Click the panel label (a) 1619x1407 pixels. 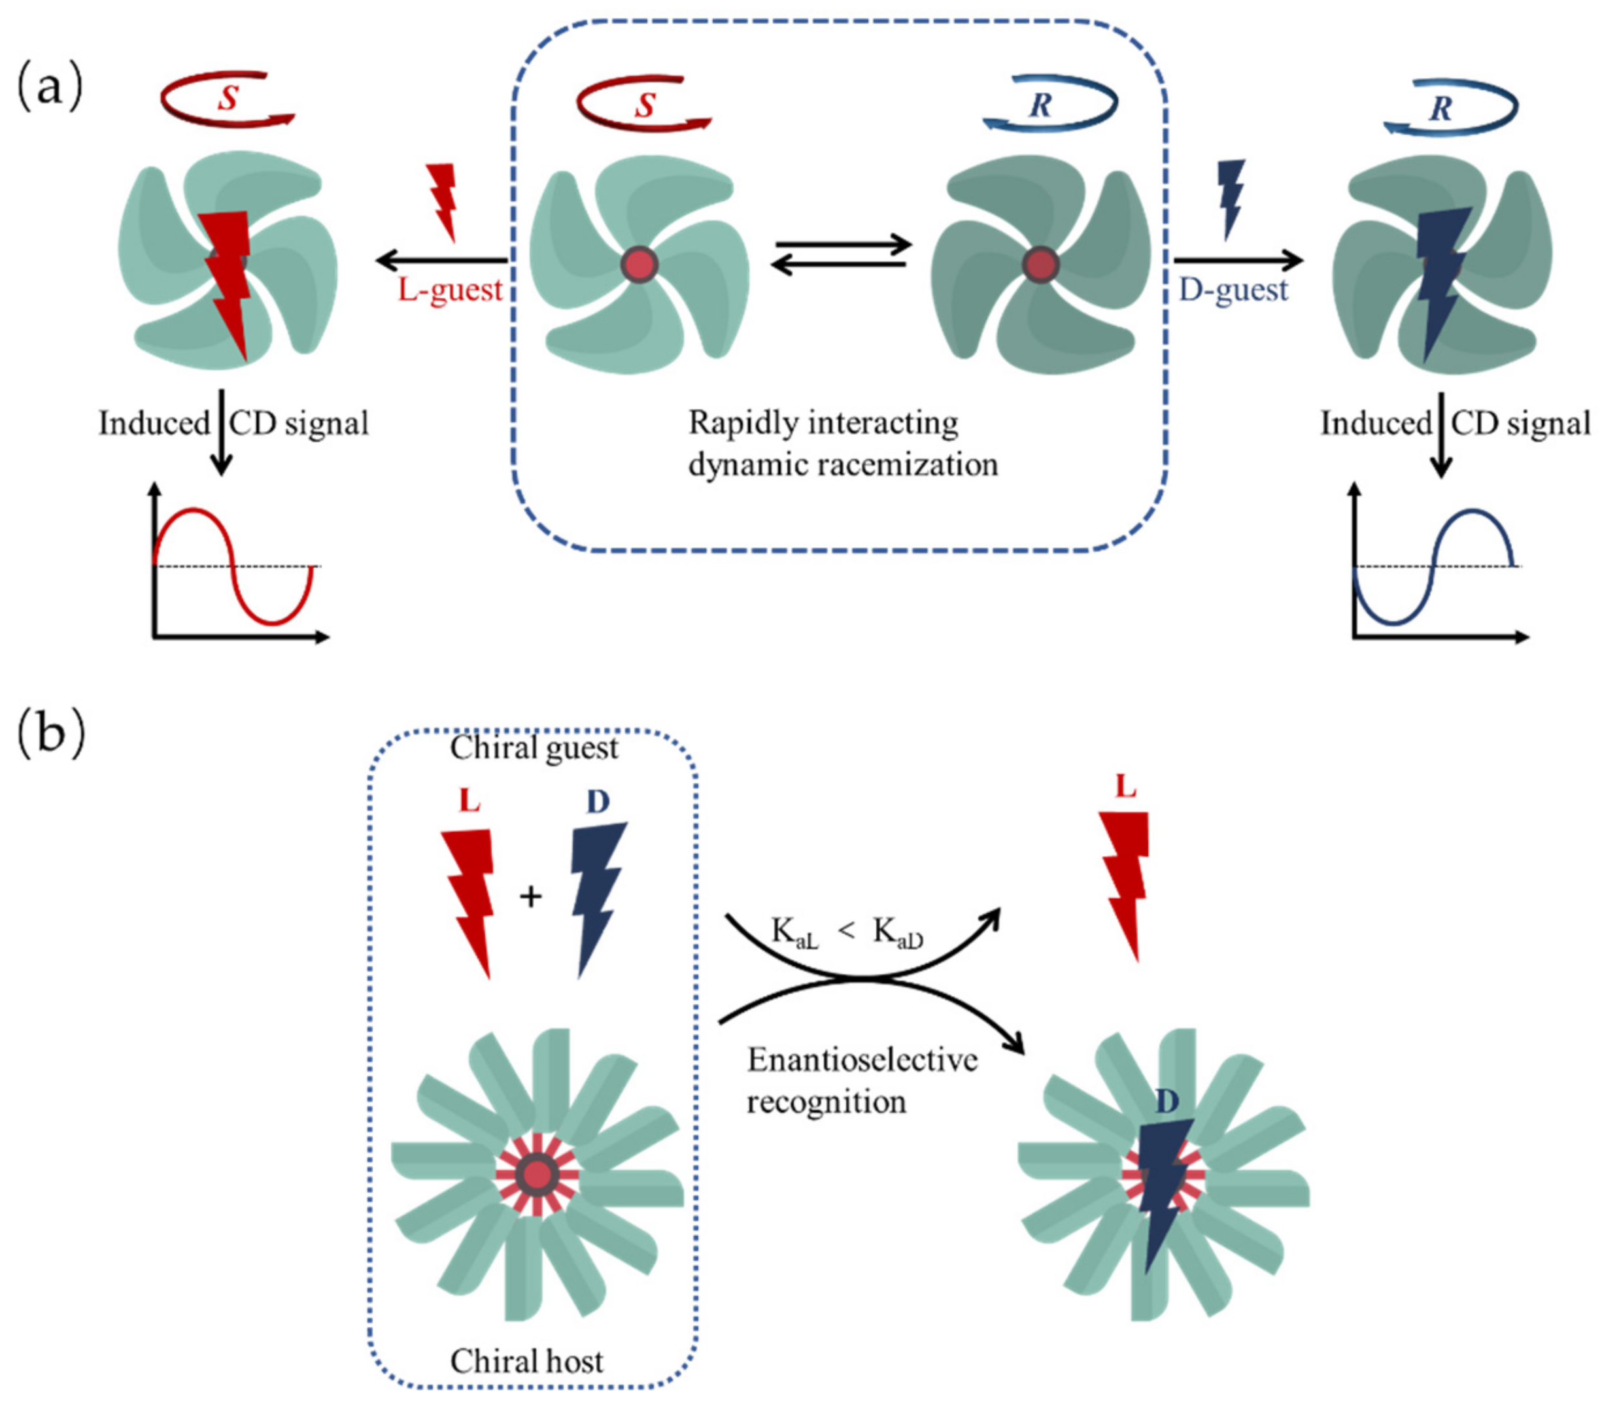(x=48, y=87)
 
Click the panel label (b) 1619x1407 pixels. (x=50, y=734)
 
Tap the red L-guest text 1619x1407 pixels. (x=449, y=290)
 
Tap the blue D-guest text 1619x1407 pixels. (x=1233, y=290)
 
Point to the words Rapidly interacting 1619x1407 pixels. (x=823, y=423)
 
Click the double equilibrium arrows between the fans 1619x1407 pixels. (x=841, y=255)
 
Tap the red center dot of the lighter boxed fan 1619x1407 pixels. (x=639, y=265)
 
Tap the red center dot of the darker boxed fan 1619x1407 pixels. (x=1040, y=265)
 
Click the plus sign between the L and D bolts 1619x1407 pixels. (x=531, y=896)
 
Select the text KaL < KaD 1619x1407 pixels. (x=846, y=934)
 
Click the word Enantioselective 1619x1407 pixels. (x=861, y=1060)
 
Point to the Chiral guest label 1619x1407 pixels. (x=534, y=747)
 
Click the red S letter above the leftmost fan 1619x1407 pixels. (x=228, y=98)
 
